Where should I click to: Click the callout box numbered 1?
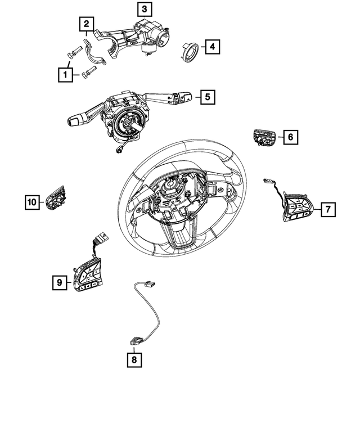point(66,74)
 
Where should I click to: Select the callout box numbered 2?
point(86,24)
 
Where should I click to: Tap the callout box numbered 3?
point(144,9)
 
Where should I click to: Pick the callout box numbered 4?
point(211,47)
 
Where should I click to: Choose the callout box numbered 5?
point(207,97)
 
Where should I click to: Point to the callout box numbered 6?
point(290,137)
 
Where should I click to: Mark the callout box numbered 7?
point(328,210)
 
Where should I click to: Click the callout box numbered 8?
point(134,357)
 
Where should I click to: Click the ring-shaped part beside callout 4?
point(188,51)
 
